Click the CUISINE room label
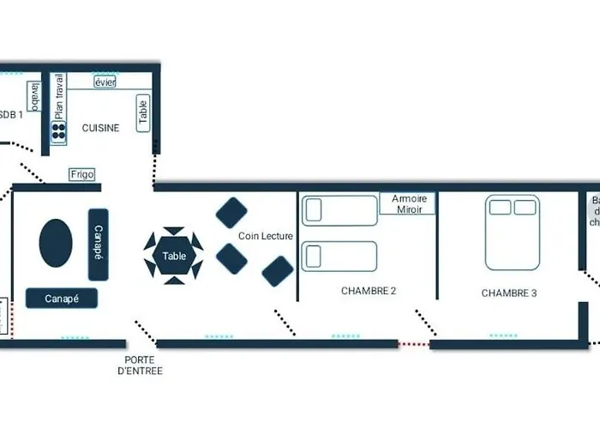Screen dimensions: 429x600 [100, 128]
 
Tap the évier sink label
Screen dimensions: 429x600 [105, 82]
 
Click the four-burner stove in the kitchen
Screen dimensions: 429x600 [58, 131]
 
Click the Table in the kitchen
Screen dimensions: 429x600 [142, 113]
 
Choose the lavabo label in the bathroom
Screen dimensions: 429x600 [34, 96]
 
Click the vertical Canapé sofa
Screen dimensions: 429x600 [98, 245]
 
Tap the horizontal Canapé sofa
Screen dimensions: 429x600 [62, 299]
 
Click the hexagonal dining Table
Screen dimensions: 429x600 [174, 256]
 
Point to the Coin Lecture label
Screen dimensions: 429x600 [266, 236]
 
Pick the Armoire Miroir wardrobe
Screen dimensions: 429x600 [408, 204]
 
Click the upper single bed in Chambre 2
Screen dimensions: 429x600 [340, 210]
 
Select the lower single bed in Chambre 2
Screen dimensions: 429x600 [340, 256]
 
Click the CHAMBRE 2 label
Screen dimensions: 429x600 [369, 291]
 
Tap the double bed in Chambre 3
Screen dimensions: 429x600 [513, 232]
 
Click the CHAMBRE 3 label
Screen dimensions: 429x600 [509, 293]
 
